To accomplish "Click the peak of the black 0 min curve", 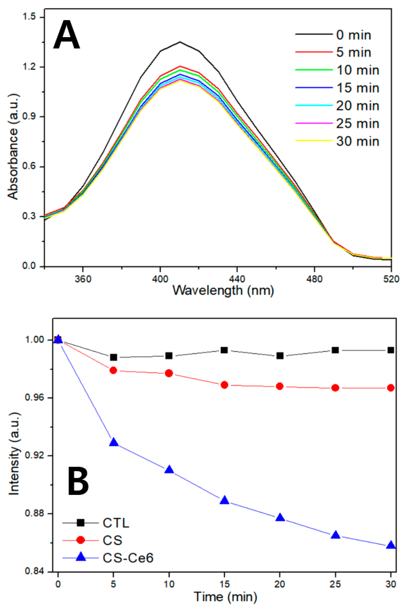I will coord(180,42).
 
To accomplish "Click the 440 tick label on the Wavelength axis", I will coord(237,279).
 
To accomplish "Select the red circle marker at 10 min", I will coord(169,373).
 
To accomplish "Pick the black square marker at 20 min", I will coord(280,356).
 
